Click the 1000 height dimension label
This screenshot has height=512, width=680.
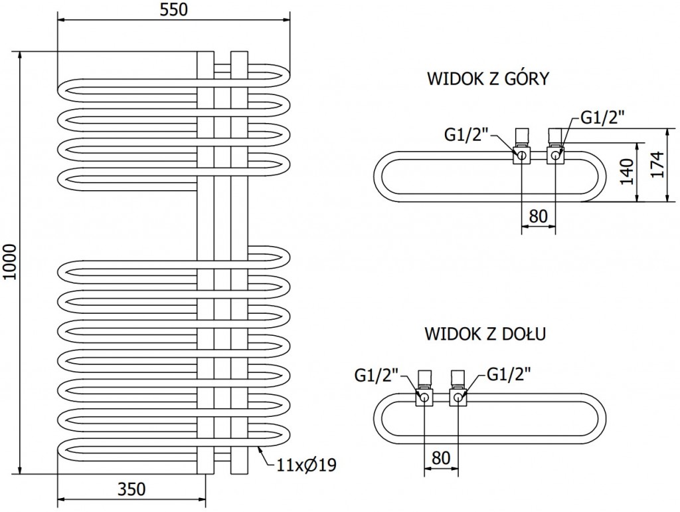(9, 263)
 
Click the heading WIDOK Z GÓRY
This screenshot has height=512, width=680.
(488, 79)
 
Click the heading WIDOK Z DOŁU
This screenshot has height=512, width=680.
(485, 334)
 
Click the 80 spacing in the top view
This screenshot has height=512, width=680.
(537, 217)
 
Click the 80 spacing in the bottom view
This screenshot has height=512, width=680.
(440, 459)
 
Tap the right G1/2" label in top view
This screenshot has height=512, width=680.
(603, 118)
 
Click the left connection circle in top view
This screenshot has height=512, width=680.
(522, 156)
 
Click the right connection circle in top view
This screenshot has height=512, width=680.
(554, 156)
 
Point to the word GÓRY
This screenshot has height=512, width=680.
(525, 79)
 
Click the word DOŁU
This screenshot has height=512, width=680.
(524, 334)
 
